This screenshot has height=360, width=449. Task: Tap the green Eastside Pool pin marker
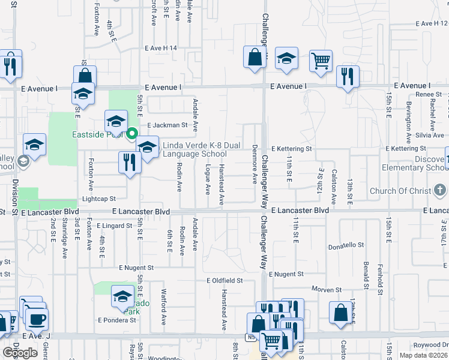(132, 134)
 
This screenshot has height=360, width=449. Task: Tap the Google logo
(20, 353)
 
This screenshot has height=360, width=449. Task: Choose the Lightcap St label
(98, 199)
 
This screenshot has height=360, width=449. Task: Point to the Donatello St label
(346, 245)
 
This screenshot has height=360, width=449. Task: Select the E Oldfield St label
(224, 280)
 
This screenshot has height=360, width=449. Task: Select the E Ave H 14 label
(162, 47)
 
